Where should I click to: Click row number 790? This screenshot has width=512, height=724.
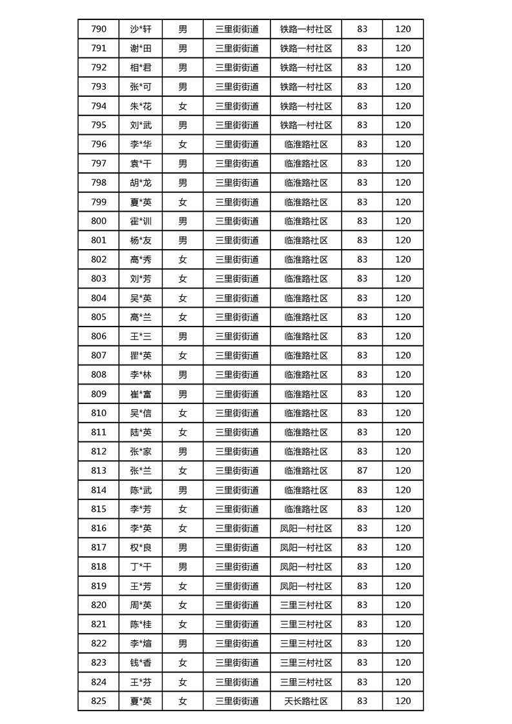(99, 29)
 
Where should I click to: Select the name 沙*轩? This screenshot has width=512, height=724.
(140, 29)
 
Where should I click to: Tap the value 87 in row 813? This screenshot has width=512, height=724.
(362, 470)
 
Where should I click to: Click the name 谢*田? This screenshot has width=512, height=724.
(140, 48)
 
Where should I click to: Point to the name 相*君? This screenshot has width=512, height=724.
(140, 67)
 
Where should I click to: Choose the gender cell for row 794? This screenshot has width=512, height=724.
(183, 106)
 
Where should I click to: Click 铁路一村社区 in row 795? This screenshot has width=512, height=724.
(306, 125)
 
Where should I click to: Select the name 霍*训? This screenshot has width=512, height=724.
(140, 221)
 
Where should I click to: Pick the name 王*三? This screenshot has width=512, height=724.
(140, 336)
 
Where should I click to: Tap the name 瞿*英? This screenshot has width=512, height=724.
(140, 356)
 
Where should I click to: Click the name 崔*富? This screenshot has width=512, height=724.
(140, 394)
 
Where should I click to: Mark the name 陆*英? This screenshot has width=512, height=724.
(140, 432)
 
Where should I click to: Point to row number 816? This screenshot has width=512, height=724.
(99, 528)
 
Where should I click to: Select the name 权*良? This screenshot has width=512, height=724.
(140, 547)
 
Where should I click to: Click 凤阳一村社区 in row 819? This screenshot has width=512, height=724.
(306, 586)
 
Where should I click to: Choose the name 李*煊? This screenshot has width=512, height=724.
(140, 643)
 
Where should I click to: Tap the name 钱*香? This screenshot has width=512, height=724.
(140, 663)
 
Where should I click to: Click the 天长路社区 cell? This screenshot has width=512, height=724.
(306, 701)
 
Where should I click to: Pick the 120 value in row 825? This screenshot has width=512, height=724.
(403, 701)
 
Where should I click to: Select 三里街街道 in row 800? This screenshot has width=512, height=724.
(237, 221)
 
